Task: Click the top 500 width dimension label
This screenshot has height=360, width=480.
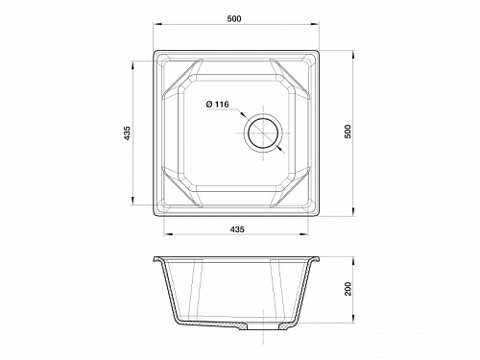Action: click(234, 19)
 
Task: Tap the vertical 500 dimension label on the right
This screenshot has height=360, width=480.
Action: click(348, 132)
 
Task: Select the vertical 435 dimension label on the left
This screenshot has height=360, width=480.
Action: click(127, 133)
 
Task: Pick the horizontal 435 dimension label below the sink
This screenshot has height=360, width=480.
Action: click(237, 229)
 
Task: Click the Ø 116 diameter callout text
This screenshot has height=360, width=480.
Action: click(218, 105)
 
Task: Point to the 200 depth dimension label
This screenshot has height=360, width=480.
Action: click(348, 289)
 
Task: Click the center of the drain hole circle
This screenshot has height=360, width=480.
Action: click(263, 132)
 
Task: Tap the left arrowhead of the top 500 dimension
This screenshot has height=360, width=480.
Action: click(157, 24)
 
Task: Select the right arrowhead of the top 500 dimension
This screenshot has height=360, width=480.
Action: click(315, 24)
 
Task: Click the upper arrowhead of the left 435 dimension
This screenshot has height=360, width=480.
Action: click(132, 64)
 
